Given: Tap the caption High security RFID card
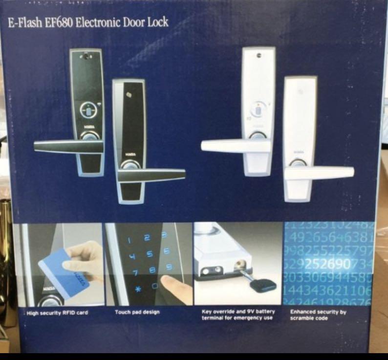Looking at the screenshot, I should click(x=58, y=312).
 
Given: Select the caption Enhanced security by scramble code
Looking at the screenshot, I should click(x=318, y=315).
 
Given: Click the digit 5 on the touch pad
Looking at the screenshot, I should click(x=150, y=253).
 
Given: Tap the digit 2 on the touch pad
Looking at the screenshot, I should click(x=147, y=237).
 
